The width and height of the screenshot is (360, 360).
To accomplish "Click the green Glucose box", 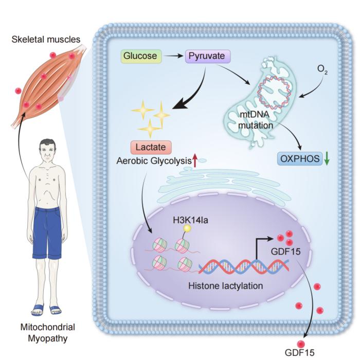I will pyautogui.click(x=140, y=56).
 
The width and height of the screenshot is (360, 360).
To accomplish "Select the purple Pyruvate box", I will pyautogui.click(x=207, y=56).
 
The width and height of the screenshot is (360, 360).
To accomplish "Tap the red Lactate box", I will pyautogui.click(x=150, y=148).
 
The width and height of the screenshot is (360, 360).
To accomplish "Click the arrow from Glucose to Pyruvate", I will pyautogui.click(x=172, y=56).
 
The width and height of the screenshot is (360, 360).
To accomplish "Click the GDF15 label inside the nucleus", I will pyautogui.click(x=285, y=253).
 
